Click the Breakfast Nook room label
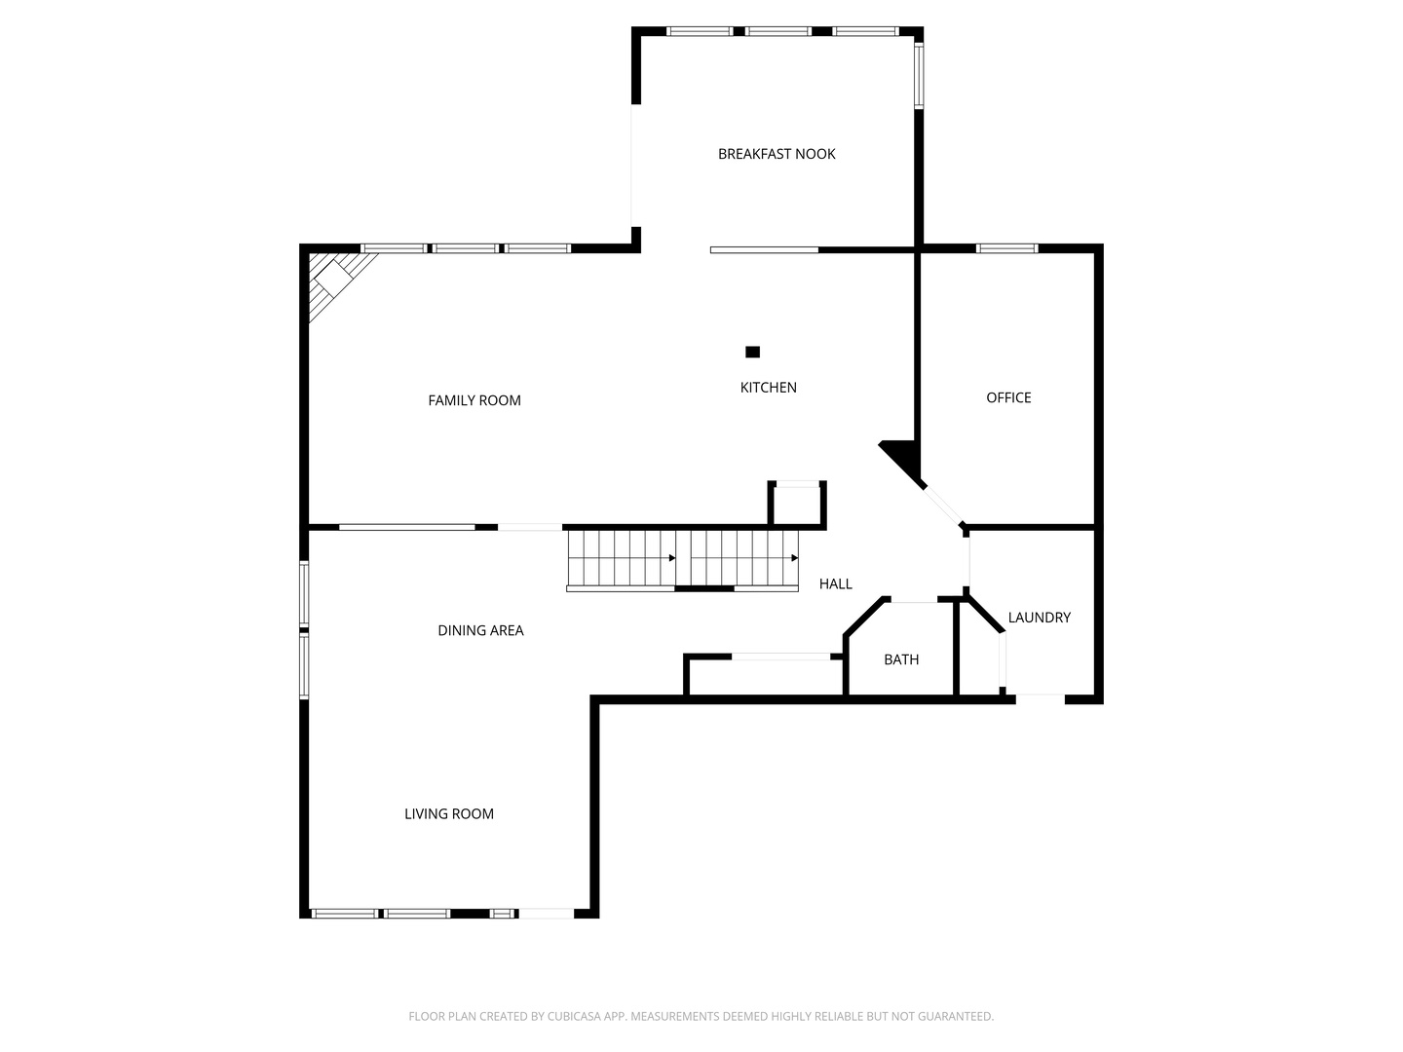coord(777,154)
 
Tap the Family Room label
coord(474,400)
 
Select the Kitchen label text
coord(769,388)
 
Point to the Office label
coord(1008,397)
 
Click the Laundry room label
coord(1039,618)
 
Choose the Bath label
coord(901,659)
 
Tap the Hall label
coord(835,584)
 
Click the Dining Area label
coord(480,630)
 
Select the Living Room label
coord(449,814)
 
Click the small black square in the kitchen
coord(752,352)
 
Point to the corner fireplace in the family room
coord(334,280)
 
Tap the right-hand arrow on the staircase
coord(794,558)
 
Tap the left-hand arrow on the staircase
coord(671,558)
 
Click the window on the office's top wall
coord(1007,248)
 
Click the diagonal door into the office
coord(942,505)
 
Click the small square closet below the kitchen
coord(797,505)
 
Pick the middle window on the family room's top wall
coord(465,248)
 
